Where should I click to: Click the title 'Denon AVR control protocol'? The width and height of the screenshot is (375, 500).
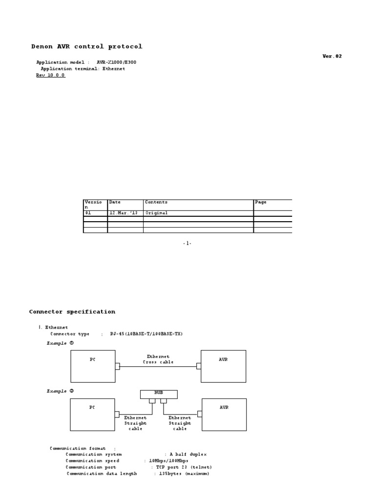87,47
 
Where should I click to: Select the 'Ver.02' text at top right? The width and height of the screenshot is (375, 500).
332,56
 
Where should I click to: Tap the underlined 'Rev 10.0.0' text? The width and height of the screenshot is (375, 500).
50,75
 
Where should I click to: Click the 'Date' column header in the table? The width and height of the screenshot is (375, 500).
115,202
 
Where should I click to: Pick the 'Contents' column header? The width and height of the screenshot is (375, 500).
156,202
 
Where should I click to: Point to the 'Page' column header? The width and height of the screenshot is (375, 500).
261,202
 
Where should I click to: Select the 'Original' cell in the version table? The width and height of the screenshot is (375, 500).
156,213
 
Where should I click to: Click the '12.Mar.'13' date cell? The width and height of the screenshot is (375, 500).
120,213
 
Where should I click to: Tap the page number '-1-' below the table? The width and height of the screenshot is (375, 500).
187,243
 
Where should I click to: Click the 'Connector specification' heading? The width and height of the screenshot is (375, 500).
72,312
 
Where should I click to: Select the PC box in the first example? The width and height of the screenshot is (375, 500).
93,366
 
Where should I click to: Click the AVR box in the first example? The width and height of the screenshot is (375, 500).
223,366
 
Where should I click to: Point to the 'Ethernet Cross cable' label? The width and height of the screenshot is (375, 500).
158,359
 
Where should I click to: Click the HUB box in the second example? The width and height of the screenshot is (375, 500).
159,394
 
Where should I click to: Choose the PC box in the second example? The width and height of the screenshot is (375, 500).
92,414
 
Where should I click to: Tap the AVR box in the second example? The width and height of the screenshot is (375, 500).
224,414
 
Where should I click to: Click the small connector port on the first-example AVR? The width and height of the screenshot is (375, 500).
199,366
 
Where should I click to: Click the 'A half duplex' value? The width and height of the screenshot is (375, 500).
188,454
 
